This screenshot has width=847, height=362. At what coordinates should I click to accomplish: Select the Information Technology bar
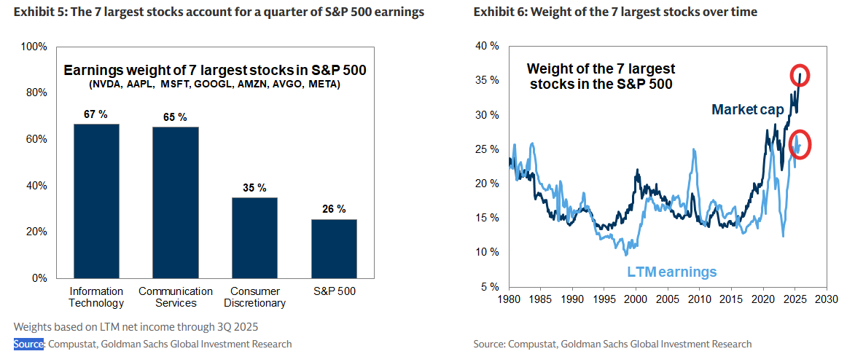coord(96,201)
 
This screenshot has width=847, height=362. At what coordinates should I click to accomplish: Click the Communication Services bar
coord(175,202)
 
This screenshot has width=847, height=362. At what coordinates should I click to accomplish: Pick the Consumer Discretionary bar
coord(254,237)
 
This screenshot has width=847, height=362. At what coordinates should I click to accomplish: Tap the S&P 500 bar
coord(334,248)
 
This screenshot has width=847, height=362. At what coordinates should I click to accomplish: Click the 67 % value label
coord(96,114)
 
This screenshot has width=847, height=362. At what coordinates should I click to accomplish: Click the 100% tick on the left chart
coord(34,47)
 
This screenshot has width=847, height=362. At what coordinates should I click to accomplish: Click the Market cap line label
coord(747,109)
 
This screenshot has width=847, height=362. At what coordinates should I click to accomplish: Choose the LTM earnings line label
coord(672,272)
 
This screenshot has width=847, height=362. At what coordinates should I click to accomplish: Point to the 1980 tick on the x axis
coord(509,299)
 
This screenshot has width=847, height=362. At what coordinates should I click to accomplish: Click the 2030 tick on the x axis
coord(825,299)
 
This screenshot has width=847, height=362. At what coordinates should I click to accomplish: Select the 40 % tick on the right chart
coord(488,46)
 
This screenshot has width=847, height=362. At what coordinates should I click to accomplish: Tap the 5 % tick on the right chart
coord(490,286)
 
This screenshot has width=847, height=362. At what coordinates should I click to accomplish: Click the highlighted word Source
coord(29,344)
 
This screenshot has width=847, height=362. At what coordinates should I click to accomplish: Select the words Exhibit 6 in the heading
coord(498,12)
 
